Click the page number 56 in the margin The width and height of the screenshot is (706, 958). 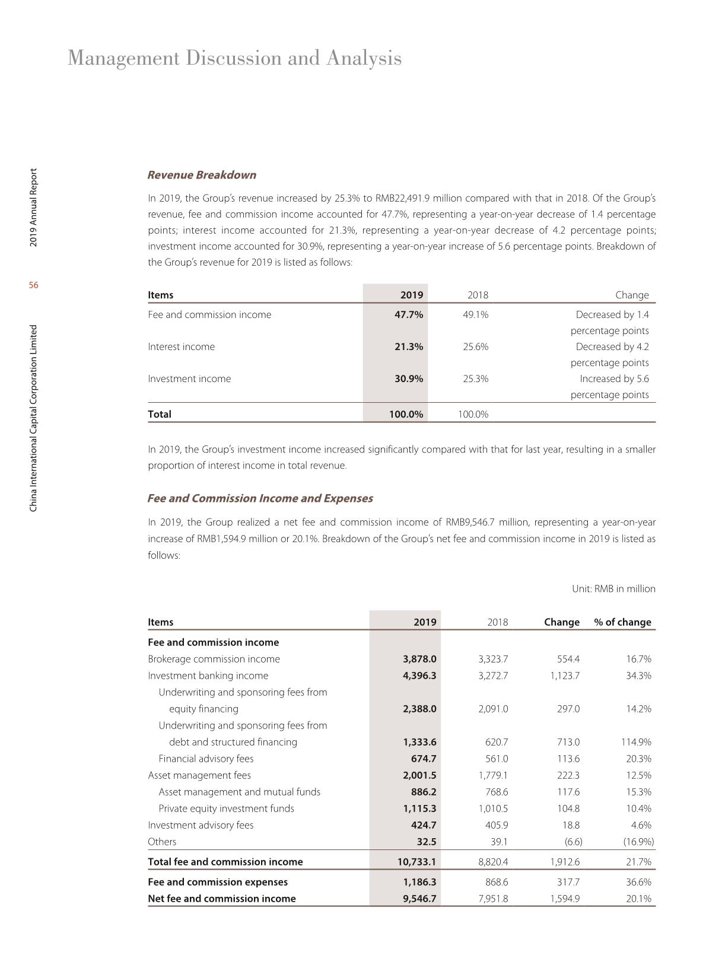click(34, 285)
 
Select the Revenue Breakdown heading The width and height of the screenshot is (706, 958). click(202, 175)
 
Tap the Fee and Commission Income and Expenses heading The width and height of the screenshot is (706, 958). click(260, 498)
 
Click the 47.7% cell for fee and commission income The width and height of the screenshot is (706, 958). click(409, 314)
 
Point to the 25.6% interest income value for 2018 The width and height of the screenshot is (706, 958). click(475, 346)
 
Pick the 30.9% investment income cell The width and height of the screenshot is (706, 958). click(409, 378)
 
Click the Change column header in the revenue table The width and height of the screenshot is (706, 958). click(632, 295)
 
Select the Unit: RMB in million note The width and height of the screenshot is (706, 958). click(613, 588)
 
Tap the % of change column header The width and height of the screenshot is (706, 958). click(622, 622)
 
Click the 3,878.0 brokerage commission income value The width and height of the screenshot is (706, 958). click(419, 658)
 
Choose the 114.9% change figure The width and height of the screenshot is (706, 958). click(636, 741)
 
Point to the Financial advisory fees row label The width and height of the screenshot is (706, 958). click(206, 758)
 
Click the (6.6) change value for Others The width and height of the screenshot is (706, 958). click(573, 841)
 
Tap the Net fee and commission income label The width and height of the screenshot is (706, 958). click(221, 898)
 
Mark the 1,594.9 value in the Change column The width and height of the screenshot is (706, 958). click(565, 898)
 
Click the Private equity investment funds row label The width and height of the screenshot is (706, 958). click(226, 808)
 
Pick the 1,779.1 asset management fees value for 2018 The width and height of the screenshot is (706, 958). click(493, 775)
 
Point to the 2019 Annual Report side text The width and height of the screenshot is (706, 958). click(34, 208)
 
